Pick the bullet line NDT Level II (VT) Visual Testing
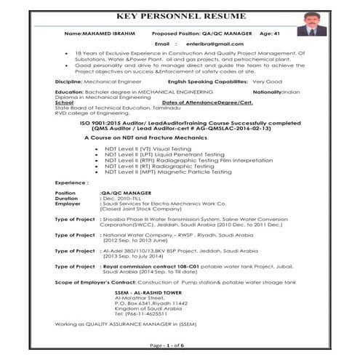[143, 148]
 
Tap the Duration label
[66, 198]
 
